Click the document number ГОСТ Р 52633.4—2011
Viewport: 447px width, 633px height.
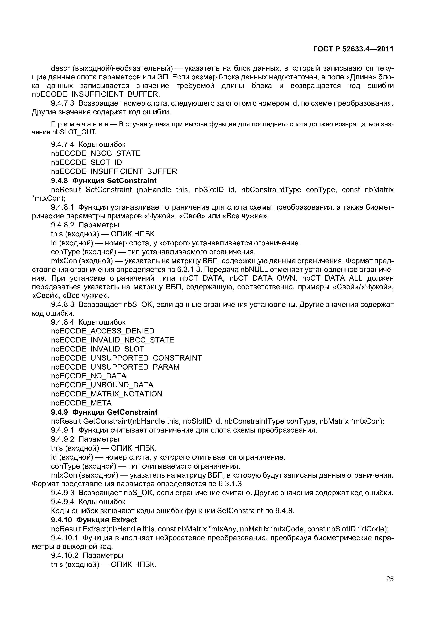click(x=353, y=49)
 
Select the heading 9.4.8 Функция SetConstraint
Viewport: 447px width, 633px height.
click(x=104, y=181)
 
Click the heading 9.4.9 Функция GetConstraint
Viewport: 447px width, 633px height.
click(x=104, y=412)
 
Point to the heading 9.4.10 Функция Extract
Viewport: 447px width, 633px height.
click(x=94, y=520)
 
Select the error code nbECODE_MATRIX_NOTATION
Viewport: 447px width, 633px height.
click(x=107, y=394)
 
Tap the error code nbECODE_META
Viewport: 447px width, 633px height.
click(x=81, y=403)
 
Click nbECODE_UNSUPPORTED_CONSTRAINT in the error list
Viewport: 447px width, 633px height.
click(x=126, y=358)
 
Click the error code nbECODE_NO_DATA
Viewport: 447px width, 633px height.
click(x=89, y=376)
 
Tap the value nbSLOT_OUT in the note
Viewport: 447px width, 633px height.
click(x=74, y=132)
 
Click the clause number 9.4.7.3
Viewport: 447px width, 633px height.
click(x=63, y=103)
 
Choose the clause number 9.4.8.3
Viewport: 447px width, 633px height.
click(x=63, y=304)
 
